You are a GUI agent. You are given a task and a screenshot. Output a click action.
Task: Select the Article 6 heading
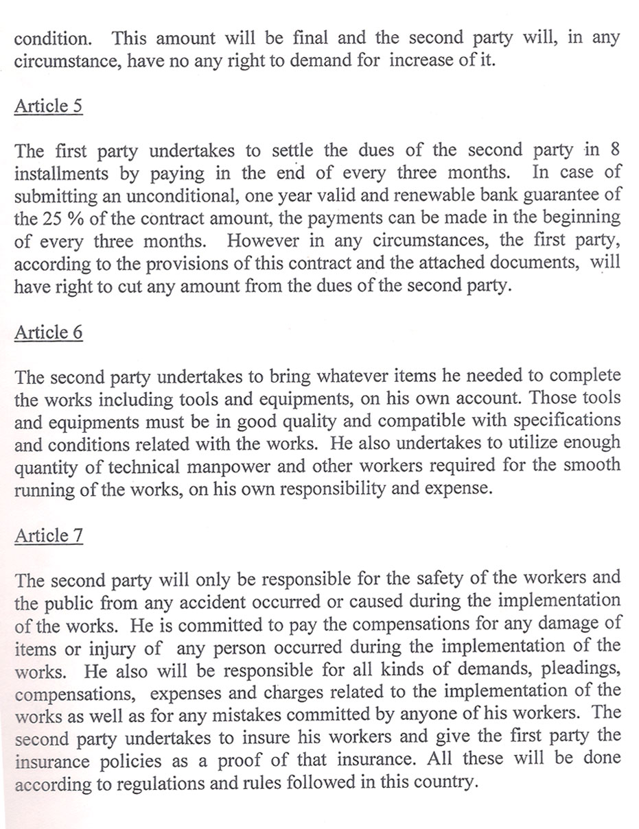point(48,332)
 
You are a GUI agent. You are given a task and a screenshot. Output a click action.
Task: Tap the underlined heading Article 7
point(49,536)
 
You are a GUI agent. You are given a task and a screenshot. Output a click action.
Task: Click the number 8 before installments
point(614,150)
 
